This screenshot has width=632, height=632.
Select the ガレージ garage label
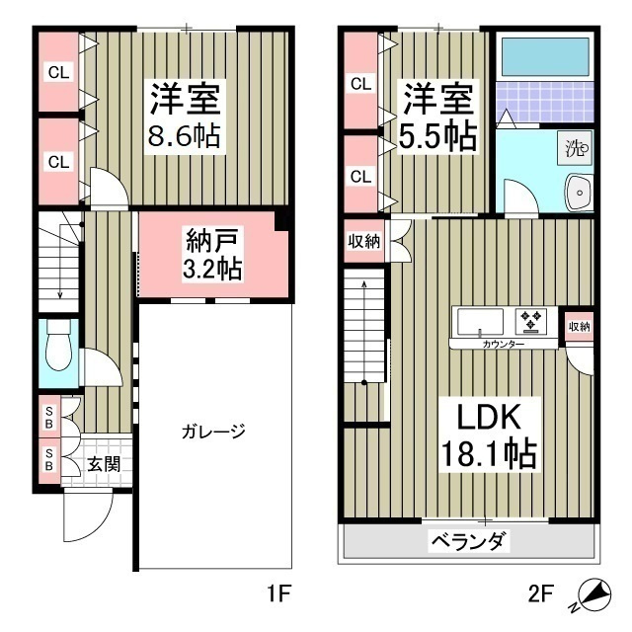[212, 432]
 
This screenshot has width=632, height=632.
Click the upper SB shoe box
[47, 415]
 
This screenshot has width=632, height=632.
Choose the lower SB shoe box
[47, 459]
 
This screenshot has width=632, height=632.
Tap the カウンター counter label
[504, 345]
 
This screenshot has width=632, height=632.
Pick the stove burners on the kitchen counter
[532, 321]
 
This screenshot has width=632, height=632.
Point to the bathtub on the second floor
[544, 61]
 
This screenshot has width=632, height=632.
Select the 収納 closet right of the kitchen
[579, 326]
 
